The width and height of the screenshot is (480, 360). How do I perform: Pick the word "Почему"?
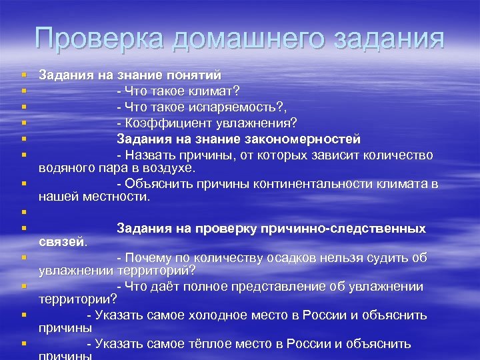(149, 257)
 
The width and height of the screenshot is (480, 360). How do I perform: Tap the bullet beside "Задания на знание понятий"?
(23, 75)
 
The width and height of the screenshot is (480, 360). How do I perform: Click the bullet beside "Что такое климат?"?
(23, 90)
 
